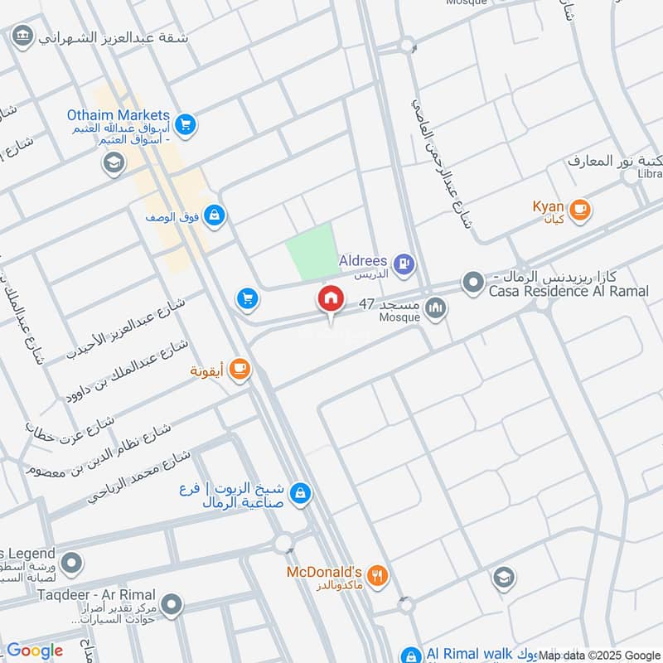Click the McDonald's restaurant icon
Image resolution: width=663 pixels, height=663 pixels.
tap(377, 576)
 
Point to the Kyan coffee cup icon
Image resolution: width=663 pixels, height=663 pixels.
tap(579, 209)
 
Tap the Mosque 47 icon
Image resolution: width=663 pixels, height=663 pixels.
tap(435, 310)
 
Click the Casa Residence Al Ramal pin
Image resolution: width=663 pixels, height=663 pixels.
tap(473, 284)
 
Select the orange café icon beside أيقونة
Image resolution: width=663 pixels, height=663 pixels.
tap(240, 369)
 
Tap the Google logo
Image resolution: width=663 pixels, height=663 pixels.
tap(35, 651)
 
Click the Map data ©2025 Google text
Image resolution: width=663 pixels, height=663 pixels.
tap(600, 655)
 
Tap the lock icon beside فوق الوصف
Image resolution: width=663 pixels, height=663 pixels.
tap(215, 216)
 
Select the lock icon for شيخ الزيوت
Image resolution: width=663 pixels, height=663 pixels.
tap(301, 493)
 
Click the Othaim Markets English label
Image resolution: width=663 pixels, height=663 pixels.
tap(119, 116)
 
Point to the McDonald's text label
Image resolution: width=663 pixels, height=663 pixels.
tap(324, 572)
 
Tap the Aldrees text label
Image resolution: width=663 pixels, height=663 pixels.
tap(364, 260)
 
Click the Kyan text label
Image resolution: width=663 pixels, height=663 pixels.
tap(548, 205)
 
